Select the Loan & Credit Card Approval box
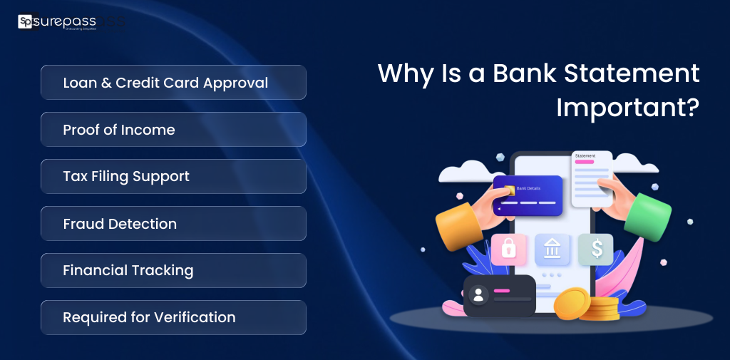[x=173, y=83]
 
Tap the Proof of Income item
[x=173, y=130]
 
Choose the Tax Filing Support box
[x=173, y=177]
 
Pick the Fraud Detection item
[x=173, y=224]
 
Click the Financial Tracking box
[x=173, y=271]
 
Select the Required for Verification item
[x=173, y=318]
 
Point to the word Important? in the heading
[x=627, y=107]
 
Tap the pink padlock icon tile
[x=509, y=250]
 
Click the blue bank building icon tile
[x=552, y=250]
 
